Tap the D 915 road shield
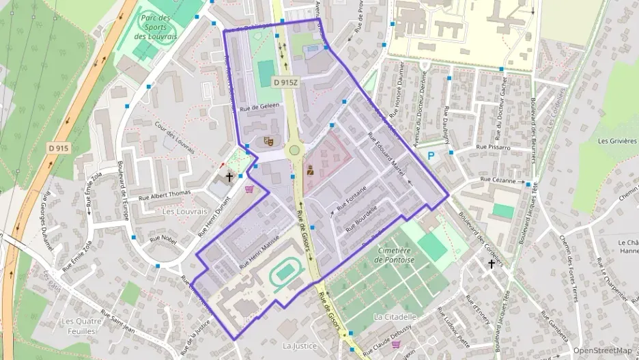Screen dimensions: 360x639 point(59,148)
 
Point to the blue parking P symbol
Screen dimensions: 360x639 point(431,156)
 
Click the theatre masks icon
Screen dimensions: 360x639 point(268,141)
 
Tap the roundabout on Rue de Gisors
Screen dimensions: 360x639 point(294,150)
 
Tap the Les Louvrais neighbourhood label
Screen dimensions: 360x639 point(184,212)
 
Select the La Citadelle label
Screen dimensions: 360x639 point(395,317)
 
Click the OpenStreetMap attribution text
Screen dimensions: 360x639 point(602,350)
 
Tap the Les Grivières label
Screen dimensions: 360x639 point(616,141)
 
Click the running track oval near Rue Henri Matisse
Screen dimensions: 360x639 point(286,274)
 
